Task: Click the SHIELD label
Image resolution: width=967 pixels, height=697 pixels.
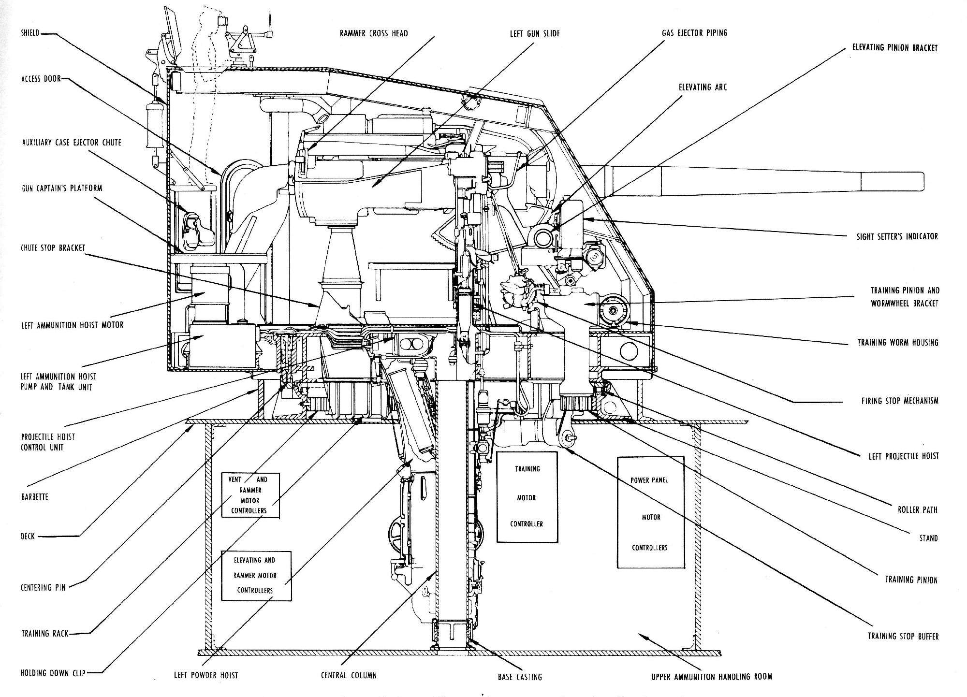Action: point(29,33)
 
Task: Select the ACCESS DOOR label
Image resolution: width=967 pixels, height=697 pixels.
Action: point(41,79)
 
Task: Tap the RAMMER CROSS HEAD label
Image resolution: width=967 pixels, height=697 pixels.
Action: point(373,33)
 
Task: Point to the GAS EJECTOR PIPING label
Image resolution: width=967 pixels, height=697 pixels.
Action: point(694,33)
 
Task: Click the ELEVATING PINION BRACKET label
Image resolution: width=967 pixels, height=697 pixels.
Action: point(894,48)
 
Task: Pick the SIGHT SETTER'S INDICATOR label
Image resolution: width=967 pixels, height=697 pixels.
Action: point(897,236)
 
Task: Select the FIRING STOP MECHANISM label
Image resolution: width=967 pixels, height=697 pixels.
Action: point(899,400)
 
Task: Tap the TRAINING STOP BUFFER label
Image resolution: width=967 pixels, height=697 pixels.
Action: point(903,636)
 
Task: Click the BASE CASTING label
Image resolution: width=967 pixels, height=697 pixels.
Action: point(520,677)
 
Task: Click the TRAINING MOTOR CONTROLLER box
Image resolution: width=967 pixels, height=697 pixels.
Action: point(527,496)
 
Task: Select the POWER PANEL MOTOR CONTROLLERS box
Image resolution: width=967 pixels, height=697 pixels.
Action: point(650,512)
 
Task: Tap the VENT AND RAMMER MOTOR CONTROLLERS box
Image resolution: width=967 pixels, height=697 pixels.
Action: point(250,495)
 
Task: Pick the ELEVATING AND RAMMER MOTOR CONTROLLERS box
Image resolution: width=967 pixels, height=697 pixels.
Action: point(256,575)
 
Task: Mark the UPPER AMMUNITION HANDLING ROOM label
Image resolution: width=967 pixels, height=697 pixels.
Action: point(711,677)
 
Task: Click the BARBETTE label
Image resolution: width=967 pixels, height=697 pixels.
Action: point(35,496)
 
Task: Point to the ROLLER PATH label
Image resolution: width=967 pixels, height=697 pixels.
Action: point(917,509)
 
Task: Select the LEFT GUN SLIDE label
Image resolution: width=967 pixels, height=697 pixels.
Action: point(534,33)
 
